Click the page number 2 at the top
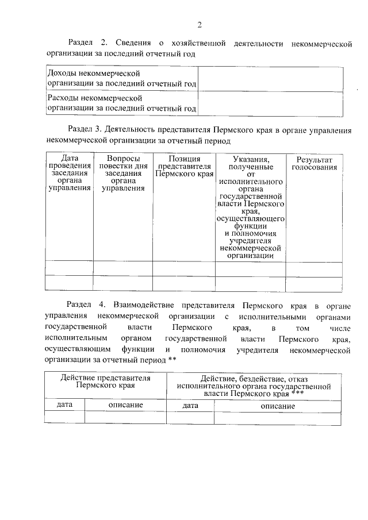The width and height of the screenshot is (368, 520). click(x=200, y=24)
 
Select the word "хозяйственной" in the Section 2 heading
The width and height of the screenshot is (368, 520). click(x=197, y=44)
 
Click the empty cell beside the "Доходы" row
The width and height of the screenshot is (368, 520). click(x=270, y=78)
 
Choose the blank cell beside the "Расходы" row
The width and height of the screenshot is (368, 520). click(x=270, y=103)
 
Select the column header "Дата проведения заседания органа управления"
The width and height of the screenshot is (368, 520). click(x=69, y=172)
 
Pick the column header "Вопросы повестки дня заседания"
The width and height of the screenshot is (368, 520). click(x=122, y=172)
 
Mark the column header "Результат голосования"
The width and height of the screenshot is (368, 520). click(x=314, y=163)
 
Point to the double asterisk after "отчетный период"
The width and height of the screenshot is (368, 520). click(x=171, y=360)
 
